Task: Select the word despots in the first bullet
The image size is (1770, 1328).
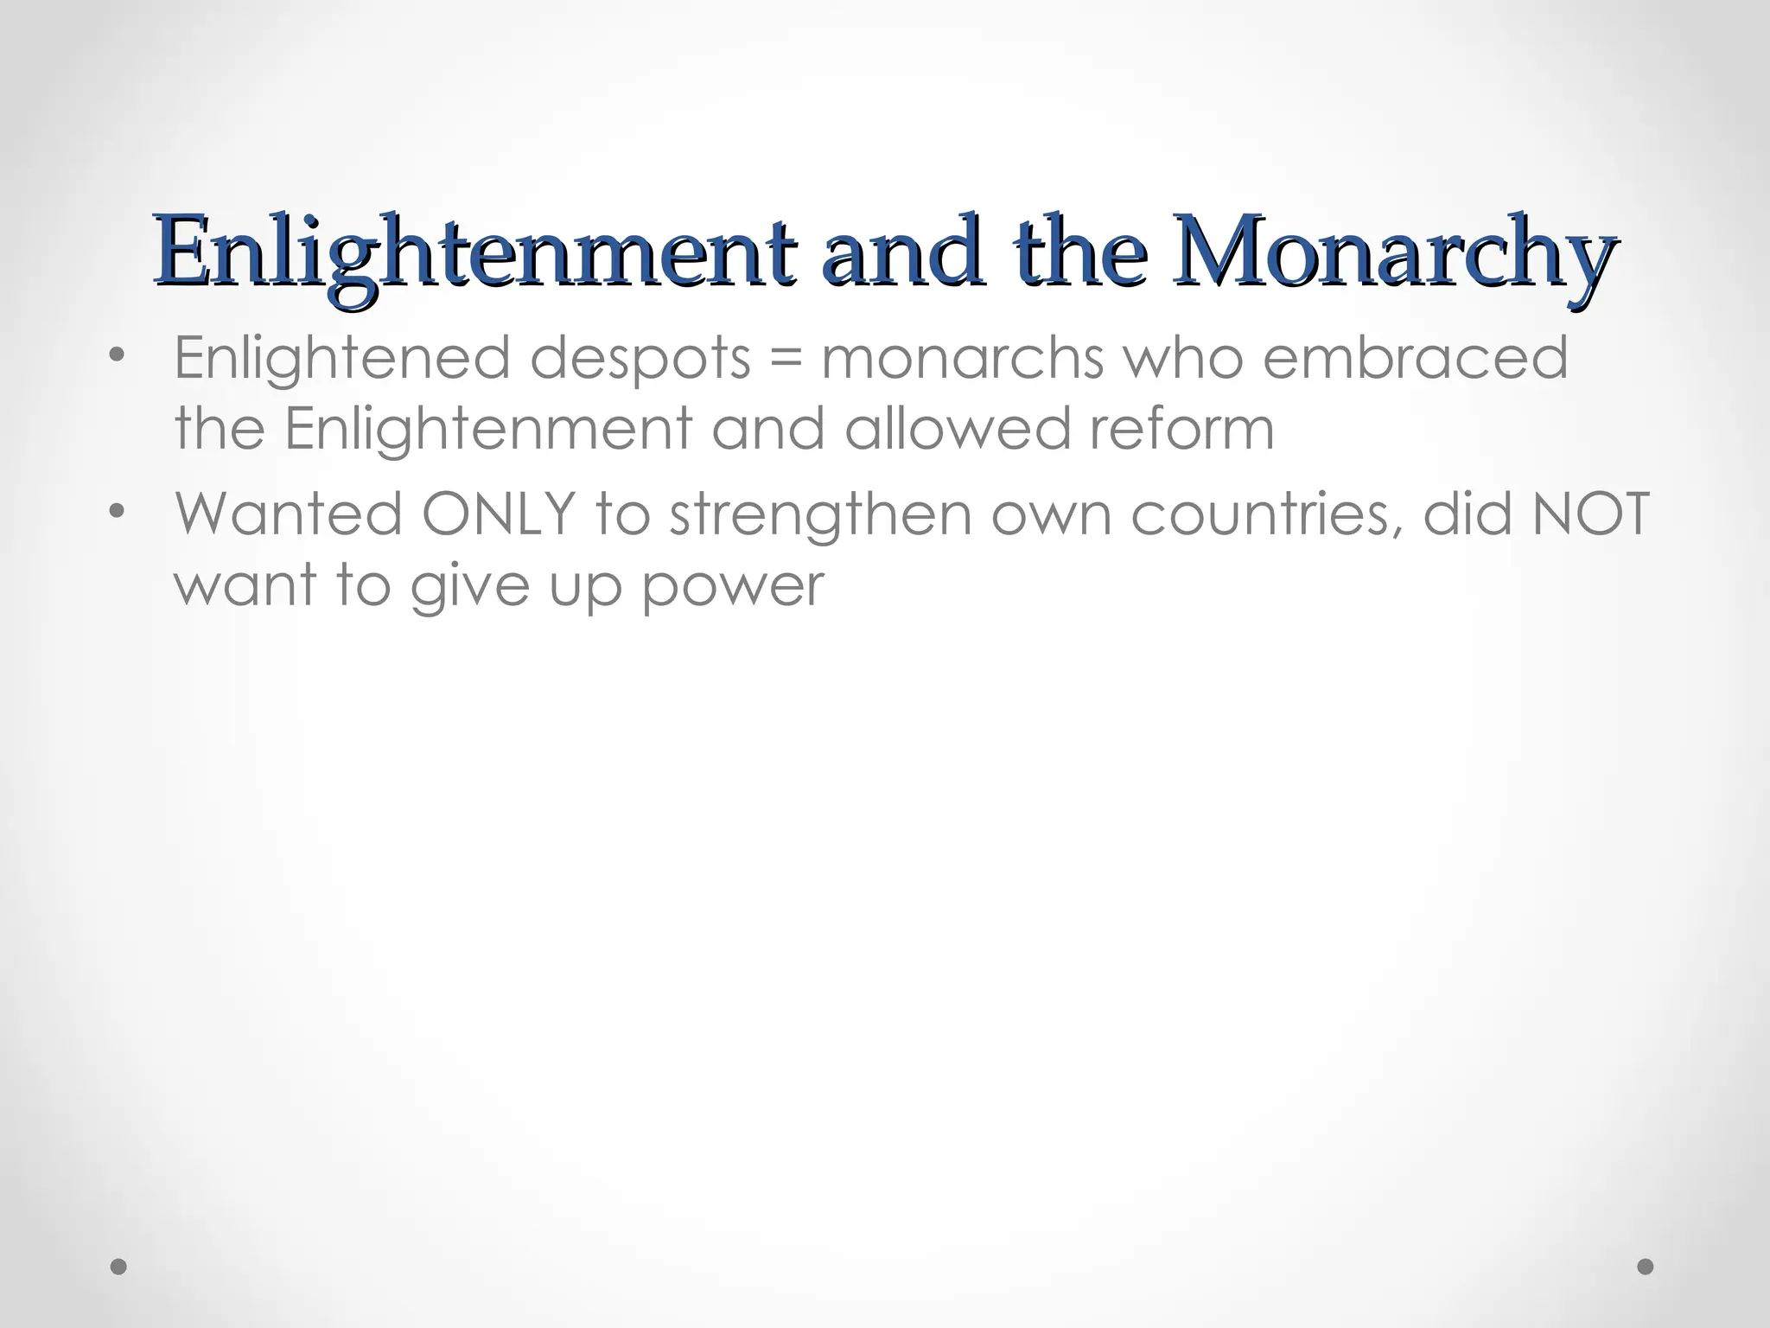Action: (640, 358)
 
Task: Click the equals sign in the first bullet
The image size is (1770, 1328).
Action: (785, 360)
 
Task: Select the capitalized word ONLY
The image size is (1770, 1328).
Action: (498, 514)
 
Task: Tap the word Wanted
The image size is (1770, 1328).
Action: (289, 514)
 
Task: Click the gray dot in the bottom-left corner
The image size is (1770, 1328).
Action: (119, 1267)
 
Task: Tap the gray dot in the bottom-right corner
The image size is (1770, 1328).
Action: (1646, 1267)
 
